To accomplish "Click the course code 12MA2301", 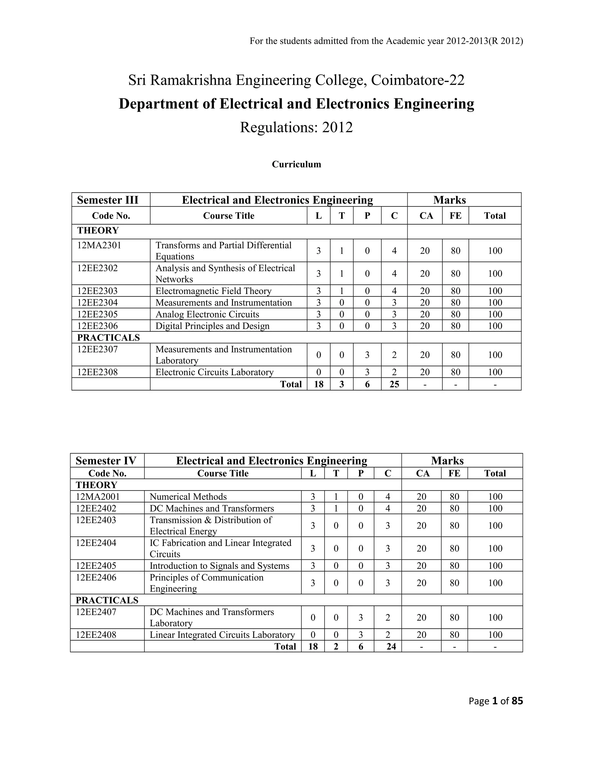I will coord(99,245).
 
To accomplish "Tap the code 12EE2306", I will coord(97,326).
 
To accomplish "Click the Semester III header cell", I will coord(107,200).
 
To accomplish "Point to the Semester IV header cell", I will coord(106,460).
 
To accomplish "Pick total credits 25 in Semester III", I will coord(394,384).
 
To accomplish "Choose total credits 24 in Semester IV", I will coord(391,646).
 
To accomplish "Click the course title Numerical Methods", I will coord(188,497).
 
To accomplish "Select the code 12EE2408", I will coord(96,635).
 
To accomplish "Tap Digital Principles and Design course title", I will coord(212,326).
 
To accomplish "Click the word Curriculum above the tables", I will coord(296,164).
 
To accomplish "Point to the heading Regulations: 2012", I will coord(296,127).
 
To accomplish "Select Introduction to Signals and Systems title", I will coord(219,566).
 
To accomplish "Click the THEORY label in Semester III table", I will coord(98,231).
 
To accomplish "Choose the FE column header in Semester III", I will coord(455,216).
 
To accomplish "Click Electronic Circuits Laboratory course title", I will coord(214,372).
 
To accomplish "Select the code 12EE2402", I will coord(96,508).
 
